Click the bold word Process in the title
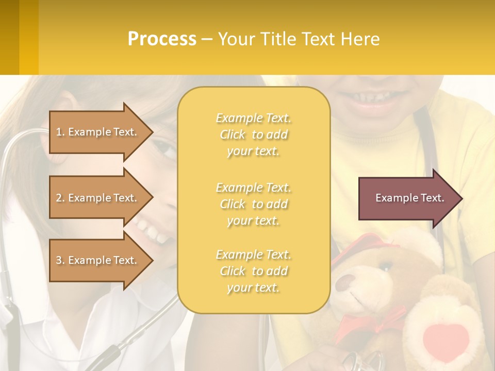coord(162,39)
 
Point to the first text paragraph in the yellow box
coord(253,134)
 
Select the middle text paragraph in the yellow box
coord(253,204)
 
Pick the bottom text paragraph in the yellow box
coord(253,271)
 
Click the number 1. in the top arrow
coord(60,132)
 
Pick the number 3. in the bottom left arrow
coord(60,260)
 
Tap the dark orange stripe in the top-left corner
coord(9,37)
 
